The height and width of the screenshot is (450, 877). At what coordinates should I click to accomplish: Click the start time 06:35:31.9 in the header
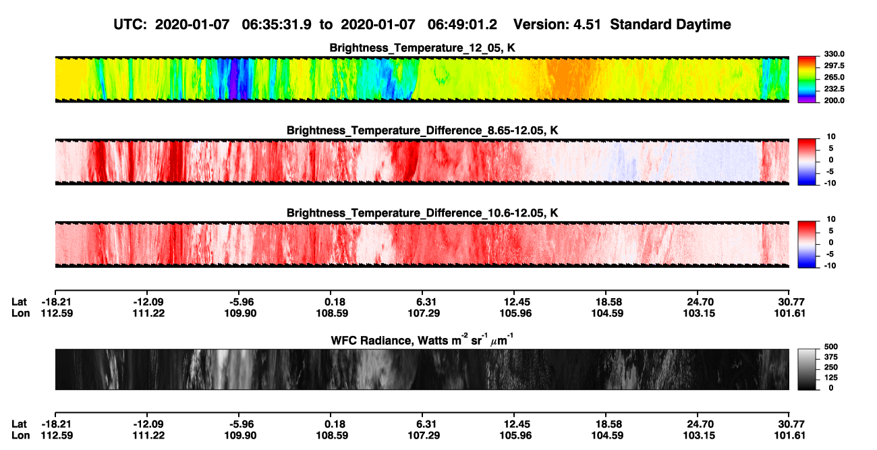(x=277, y=25)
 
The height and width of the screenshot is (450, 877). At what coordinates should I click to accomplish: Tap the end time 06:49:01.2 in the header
(x=462, y=25)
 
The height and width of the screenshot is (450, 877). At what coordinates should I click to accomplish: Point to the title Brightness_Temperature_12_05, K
(x=422, y=48)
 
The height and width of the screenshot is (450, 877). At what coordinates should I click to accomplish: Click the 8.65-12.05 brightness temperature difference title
(x=422, y=130)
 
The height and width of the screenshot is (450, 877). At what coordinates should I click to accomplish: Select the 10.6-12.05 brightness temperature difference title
(x=422, y=213)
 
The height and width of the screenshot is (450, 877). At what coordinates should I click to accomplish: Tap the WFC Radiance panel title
(x=422, y=340)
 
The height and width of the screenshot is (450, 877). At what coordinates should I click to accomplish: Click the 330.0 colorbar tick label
(x=834, y=54)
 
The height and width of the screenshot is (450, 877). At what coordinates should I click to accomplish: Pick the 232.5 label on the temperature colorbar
(x=834, y=89)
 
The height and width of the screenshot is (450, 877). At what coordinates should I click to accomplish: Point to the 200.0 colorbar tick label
(x=834, y=101)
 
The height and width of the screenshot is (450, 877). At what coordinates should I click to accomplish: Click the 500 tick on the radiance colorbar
(x=831, y=347)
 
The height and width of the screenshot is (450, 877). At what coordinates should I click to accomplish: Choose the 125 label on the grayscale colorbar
(x=831, y=378)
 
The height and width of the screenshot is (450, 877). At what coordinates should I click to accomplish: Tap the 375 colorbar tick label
(x=831, y=357)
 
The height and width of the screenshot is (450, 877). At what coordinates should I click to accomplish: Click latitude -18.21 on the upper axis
(x=57, y=302)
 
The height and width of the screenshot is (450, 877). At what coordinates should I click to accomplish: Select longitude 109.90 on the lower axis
(x=240, y=436)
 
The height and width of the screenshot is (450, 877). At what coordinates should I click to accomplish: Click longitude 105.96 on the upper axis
(x=515, y=313)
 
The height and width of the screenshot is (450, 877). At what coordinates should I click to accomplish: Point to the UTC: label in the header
(x=130, y=25)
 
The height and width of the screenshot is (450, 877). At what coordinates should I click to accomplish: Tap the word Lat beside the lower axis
(x=19, y=424)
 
